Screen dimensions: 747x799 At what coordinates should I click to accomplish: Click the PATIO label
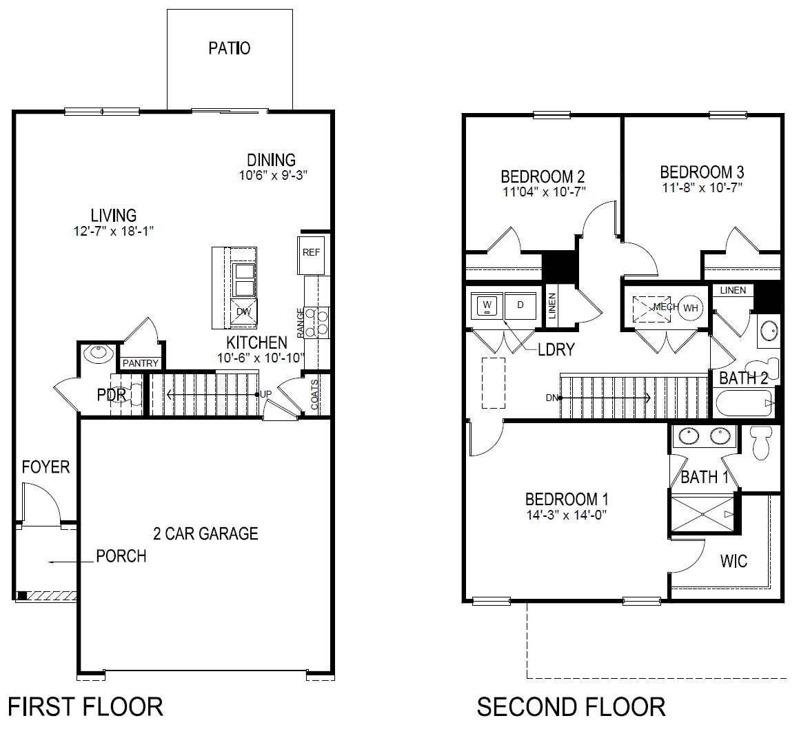click(x=230, y=48)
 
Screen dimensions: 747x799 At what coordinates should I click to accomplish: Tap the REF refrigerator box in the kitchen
click(x=311, y=253)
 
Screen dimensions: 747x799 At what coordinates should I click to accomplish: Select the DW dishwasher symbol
click(x=243, y=311)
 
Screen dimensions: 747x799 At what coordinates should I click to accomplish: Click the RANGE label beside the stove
click(x=301, y=323)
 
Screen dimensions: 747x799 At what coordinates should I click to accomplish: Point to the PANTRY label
click(x=141, y=363)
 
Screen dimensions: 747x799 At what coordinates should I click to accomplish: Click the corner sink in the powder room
click(x=97, y=354)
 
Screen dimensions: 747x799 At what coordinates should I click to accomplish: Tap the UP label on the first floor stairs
click(x=266, y=394)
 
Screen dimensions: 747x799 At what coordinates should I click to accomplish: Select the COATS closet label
click(x=315, y=394)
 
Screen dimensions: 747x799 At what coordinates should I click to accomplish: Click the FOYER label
click(x=45, y=467)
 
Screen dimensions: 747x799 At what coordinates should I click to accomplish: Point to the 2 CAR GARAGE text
click(x=205, y=533)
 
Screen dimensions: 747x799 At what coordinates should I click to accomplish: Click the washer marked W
click(x=487, y=305)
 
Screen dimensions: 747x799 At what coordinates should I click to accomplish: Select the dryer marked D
click(x=520, y=305)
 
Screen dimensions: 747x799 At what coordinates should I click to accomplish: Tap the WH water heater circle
click(x=691, y=308)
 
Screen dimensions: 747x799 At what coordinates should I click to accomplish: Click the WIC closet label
click(x=734, y=561)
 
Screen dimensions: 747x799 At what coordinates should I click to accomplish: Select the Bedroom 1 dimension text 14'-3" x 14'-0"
click(x=566, y=515)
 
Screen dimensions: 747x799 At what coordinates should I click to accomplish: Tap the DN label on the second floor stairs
click(x=552, y=398)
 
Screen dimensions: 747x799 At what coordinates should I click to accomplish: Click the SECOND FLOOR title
click(x=571, y=707)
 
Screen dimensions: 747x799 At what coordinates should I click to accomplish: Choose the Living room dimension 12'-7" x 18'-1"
click(x=114, y=232)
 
